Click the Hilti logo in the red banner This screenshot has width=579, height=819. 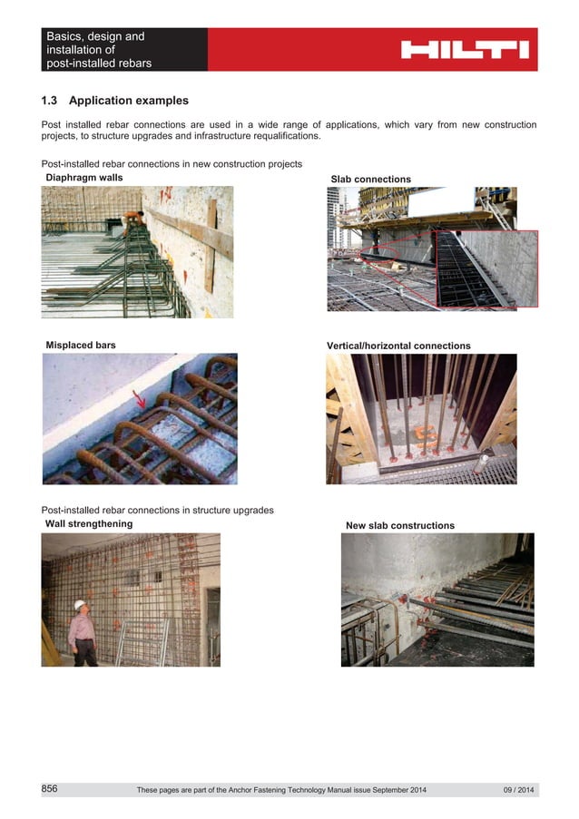(x=465, y=50)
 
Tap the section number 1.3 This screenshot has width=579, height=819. (x=51, y=101)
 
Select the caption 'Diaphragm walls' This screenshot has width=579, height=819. (x=84, y=178)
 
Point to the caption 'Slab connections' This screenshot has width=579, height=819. (x=370, y=180)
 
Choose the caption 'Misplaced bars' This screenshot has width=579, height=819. (x=81, y=346)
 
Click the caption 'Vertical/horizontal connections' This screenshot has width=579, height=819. (x=398, y=346)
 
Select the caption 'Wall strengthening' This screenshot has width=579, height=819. (x=89, y=524)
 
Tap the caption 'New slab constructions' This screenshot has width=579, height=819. (x=400, y=526)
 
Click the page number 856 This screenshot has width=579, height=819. (x=50, y=789)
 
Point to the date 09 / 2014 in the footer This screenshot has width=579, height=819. (x=519, y=791)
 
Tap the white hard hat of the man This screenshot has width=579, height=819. (x=79, y=604)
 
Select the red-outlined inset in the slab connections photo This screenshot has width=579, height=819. (x=486, y=268)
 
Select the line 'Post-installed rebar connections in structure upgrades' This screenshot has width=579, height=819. (x=158, y=511)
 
